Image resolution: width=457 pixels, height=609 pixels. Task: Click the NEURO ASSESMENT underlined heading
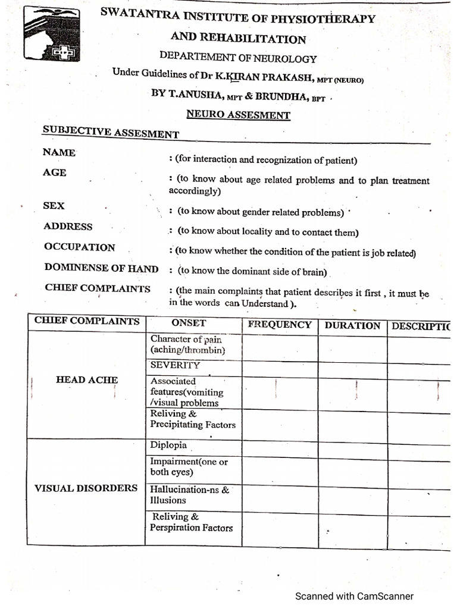238,114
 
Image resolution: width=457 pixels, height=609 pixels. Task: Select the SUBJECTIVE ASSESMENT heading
111,132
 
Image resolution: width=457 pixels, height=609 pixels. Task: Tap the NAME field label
59,152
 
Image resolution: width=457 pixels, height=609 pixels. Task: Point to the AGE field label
55,172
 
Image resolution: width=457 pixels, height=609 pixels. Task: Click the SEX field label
54,206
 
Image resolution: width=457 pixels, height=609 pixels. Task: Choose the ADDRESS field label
68,227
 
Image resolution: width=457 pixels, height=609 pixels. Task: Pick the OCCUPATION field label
80,247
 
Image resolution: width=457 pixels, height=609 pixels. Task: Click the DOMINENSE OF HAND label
101,268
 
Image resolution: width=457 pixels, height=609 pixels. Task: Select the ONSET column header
189,323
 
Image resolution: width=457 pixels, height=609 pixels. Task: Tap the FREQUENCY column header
280,325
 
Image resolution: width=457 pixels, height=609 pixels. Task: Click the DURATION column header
352,326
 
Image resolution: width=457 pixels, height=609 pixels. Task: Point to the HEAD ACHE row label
87,380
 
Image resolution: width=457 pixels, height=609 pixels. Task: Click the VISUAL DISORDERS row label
86,488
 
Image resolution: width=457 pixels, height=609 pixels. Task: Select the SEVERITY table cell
175,365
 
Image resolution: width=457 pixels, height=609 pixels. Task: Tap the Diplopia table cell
168,445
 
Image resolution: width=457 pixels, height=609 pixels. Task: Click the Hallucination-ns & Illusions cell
189,495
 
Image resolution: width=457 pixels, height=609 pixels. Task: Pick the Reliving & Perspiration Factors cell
192,522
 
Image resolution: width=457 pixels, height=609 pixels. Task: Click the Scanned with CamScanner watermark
354,596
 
